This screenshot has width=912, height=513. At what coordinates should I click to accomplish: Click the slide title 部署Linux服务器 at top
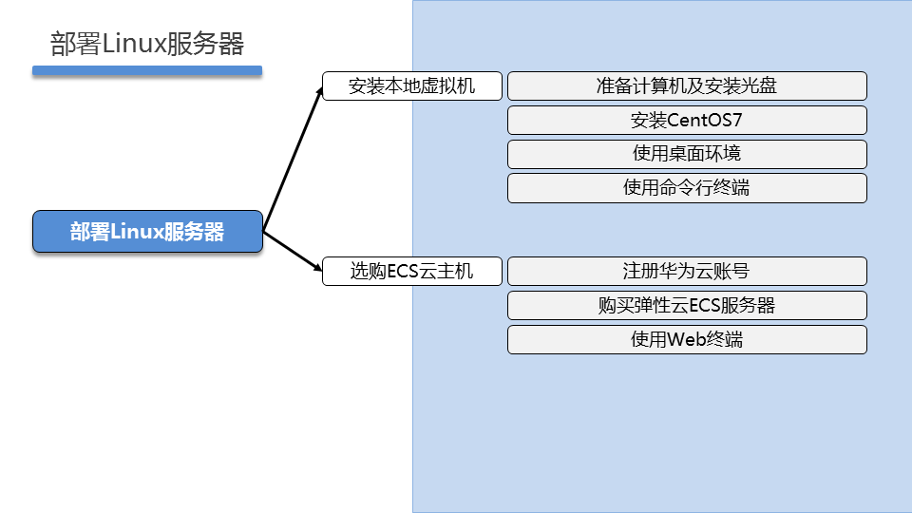147,44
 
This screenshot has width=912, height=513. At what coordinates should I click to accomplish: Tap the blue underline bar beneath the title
146,70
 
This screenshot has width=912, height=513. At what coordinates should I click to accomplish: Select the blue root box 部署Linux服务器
147,232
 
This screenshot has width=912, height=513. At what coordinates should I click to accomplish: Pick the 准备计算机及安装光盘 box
687,86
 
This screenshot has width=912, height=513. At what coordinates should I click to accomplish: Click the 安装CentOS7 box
687,121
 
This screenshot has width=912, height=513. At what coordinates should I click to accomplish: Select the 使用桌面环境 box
687,154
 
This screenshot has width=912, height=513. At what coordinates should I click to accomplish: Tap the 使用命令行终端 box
687,188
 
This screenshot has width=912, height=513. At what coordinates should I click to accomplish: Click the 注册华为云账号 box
687,271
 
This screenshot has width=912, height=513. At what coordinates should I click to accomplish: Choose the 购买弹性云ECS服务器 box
687,305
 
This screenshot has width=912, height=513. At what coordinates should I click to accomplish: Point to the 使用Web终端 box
687,339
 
